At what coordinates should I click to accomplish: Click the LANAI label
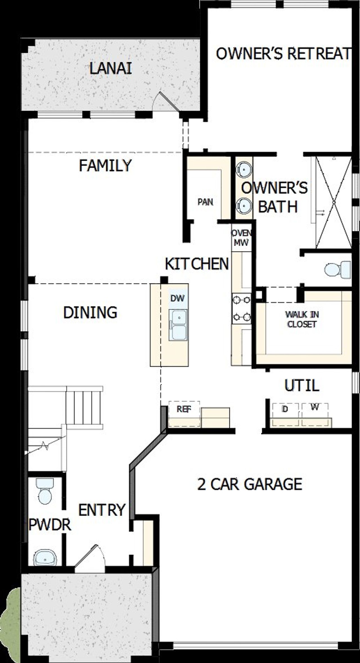pos(111,69)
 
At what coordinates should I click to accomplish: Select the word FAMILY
pos(105,165)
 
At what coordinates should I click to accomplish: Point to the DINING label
pos(90,312)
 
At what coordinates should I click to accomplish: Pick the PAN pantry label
pos(205,202)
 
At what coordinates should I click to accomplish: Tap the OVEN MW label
pos(241,238)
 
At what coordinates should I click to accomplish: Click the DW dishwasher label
pos(177,298)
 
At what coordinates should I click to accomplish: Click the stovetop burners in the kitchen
pos(241,309)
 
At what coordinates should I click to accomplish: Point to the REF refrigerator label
pos(184,409)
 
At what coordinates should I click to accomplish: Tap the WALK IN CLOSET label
pos(302,319)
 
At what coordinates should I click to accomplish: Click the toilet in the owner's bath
pos(337,270)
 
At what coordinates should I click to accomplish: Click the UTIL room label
pos(302,385)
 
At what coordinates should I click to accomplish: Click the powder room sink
pos(45,557)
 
